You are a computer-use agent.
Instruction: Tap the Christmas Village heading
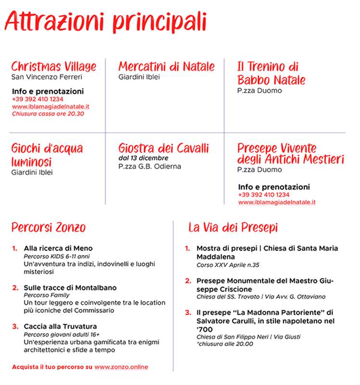coord(53,66)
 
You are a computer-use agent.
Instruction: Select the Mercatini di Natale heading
coord(167,66)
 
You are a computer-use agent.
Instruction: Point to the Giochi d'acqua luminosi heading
coord(47,154)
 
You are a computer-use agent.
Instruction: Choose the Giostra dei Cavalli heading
coord(164,148)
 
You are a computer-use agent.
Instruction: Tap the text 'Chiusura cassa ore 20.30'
coord(48,114)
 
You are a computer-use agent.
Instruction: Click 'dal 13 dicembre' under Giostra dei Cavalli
coord(143,158)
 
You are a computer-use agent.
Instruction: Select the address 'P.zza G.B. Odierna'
coord(150,167)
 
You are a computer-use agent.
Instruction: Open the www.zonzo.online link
coord(121,367)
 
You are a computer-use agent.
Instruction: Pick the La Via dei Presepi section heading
coord(233,227)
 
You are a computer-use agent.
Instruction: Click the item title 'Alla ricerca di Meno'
coord(58,248)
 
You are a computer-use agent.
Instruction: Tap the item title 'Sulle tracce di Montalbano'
coord(70,288)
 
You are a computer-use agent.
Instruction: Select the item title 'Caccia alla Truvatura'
coord(61,327)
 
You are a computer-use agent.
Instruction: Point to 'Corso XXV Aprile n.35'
coord(228,265)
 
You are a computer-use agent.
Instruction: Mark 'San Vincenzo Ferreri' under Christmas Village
coord(47,77)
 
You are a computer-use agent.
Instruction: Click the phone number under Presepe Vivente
coord(264,195)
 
